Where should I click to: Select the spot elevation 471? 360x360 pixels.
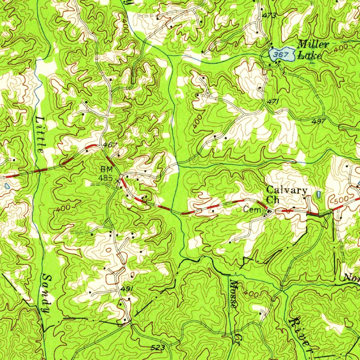click(273, 101)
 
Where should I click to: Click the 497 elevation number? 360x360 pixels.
click(319, 121)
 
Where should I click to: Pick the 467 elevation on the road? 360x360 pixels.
click(110, 145)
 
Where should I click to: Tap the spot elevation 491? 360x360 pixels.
click(127, 289)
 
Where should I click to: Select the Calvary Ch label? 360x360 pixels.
click(286, 194)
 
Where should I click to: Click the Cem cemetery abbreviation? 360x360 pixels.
click(253, 210)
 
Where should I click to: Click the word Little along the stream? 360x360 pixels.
click(40, 134)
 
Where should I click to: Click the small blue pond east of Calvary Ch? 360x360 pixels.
click(319, 194)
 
